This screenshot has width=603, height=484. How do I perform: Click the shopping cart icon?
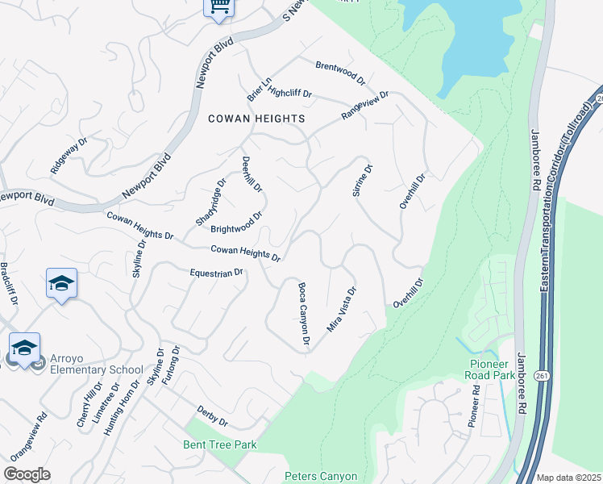218,7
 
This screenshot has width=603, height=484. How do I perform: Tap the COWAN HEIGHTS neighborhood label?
256,119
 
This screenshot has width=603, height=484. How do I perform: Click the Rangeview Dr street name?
364,106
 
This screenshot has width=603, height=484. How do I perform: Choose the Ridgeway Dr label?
69,156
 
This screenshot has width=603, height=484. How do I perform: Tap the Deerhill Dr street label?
252,174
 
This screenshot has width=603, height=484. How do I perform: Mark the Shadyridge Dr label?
211,202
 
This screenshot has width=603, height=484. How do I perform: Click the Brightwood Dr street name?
237,222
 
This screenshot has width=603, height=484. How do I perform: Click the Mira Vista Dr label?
341,309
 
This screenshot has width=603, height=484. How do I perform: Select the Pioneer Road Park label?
492,369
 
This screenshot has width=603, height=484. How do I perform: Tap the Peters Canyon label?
321,477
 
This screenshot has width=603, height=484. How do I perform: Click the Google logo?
27,474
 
